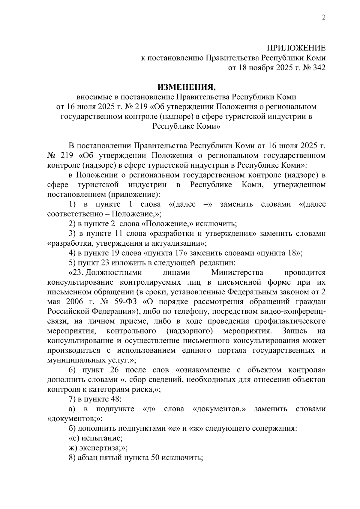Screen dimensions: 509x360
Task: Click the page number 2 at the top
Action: click(323, 17)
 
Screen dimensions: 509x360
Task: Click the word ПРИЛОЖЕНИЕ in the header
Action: click(296, 48)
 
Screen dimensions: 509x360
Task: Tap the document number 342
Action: click(319, 68)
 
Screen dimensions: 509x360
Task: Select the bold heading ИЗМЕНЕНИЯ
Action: click(187, 87)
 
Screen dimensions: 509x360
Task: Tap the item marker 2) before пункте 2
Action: click(72, 224)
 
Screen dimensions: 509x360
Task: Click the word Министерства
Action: click(237, 273)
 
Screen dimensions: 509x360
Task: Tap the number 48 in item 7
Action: click(115, 399)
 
